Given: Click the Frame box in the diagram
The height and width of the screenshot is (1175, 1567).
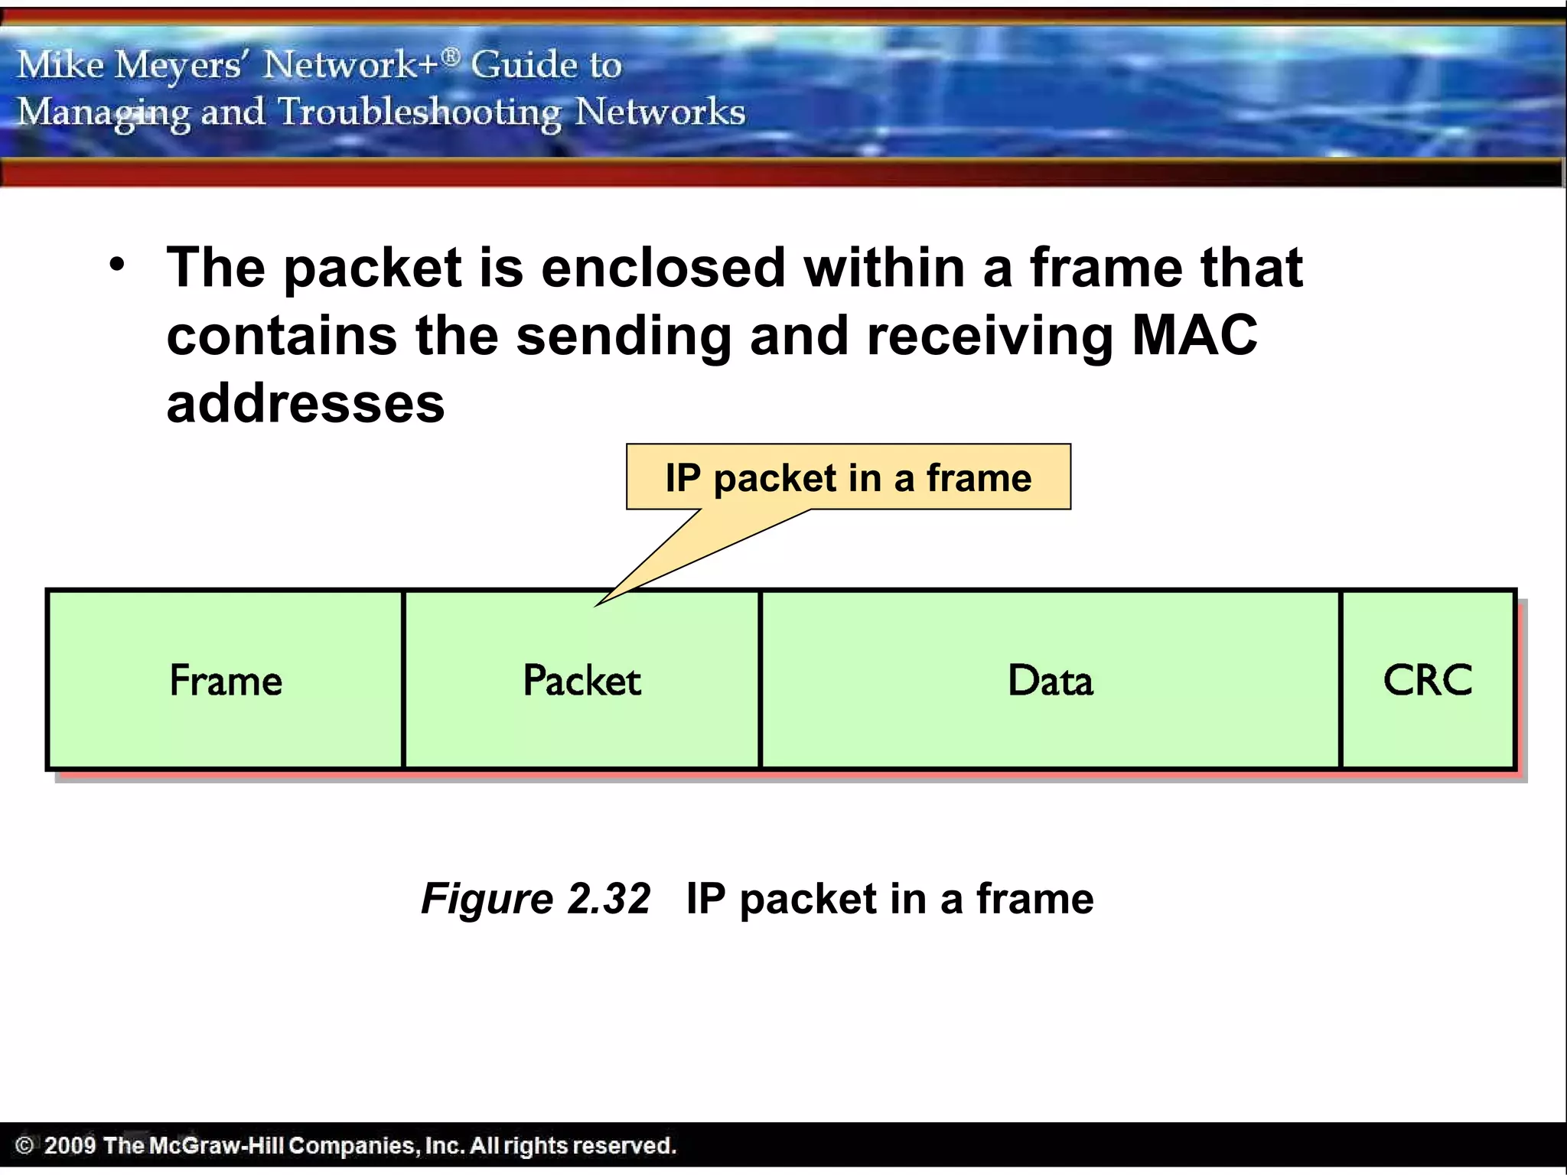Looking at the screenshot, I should tap(225, 680).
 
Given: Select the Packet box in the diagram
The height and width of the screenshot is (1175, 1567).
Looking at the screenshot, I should tap(582, 680).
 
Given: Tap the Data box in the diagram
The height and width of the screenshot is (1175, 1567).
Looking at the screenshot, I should tap(1051, 680).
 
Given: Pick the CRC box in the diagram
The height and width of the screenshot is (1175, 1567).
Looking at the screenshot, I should tap(1428, 680).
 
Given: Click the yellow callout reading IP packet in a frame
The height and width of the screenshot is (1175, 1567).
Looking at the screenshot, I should tap(848, 477).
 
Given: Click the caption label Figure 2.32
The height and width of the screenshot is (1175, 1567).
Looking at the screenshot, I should tap(536, 898).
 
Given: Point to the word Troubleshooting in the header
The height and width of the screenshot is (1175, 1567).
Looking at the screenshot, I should tap(419, 112).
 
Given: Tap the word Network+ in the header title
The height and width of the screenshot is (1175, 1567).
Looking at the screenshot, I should tap(351, 64).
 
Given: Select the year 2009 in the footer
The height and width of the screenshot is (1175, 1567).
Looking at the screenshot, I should tap(70, 1145).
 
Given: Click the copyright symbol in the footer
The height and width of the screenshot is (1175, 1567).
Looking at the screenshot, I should tap(24, 1145).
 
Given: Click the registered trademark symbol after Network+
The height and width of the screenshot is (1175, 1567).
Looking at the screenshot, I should tap(451, 55).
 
